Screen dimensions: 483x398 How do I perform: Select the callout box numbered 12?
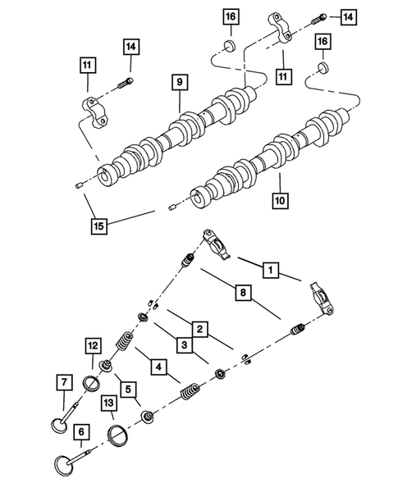pos(94,348)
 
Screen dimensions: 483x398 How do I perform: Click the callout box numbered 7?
pos(62,381)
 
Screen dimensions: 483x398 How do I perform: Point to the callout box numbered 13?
pos(108,402)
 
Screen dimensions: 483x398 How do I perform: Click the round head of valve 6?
pos(66,467)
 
